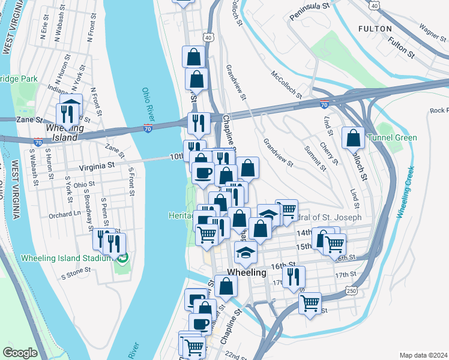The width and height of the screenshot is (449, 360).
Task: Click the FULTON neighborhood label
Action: (x=375, y=28)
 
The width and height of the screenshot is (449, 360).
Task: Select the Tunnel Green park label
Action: (x=396, y=137)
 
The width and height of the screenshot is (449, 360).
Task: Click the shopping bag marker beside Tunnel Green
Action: (x=353, y=137)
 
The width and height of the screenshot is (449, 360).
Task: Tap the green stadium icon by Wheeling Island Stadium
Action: (x=124, y=259)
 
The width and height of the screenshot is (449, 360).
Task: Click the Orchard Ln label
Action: (x=65, y=214)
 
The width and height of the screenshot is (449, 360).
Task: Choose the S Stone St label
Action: (x=76, y=270)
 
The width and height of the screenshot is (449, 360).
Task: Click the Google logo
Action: (x=20, y=353)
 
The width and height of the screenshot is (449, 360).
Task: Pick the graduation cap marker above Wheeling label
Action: (x=245, y=252)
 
